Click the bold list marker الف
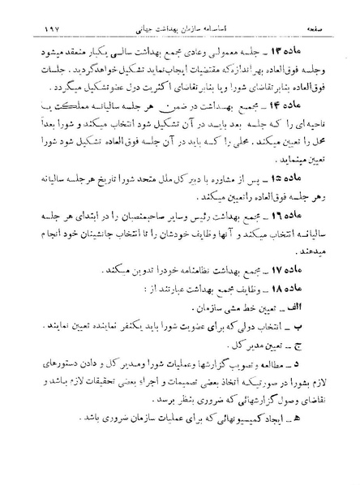(x=291, y=330)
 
